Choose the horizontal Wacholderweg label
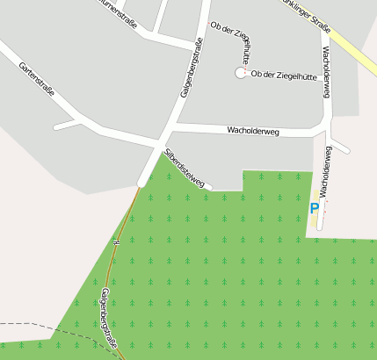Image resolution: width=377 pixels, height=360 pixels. click(x=252, y=131)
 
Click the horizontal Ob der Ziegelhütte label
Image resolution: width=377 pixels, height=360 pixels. click(x=284, y=76)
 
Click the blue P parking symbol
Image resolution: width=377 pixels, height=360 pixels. click(x=314, y=209)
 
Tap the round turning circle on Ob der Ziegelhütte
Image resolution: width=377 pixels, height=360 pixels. click(x=240, y=74)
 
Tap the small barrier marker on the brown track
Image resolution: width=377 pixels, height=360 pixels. click(x=115, y=240)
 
